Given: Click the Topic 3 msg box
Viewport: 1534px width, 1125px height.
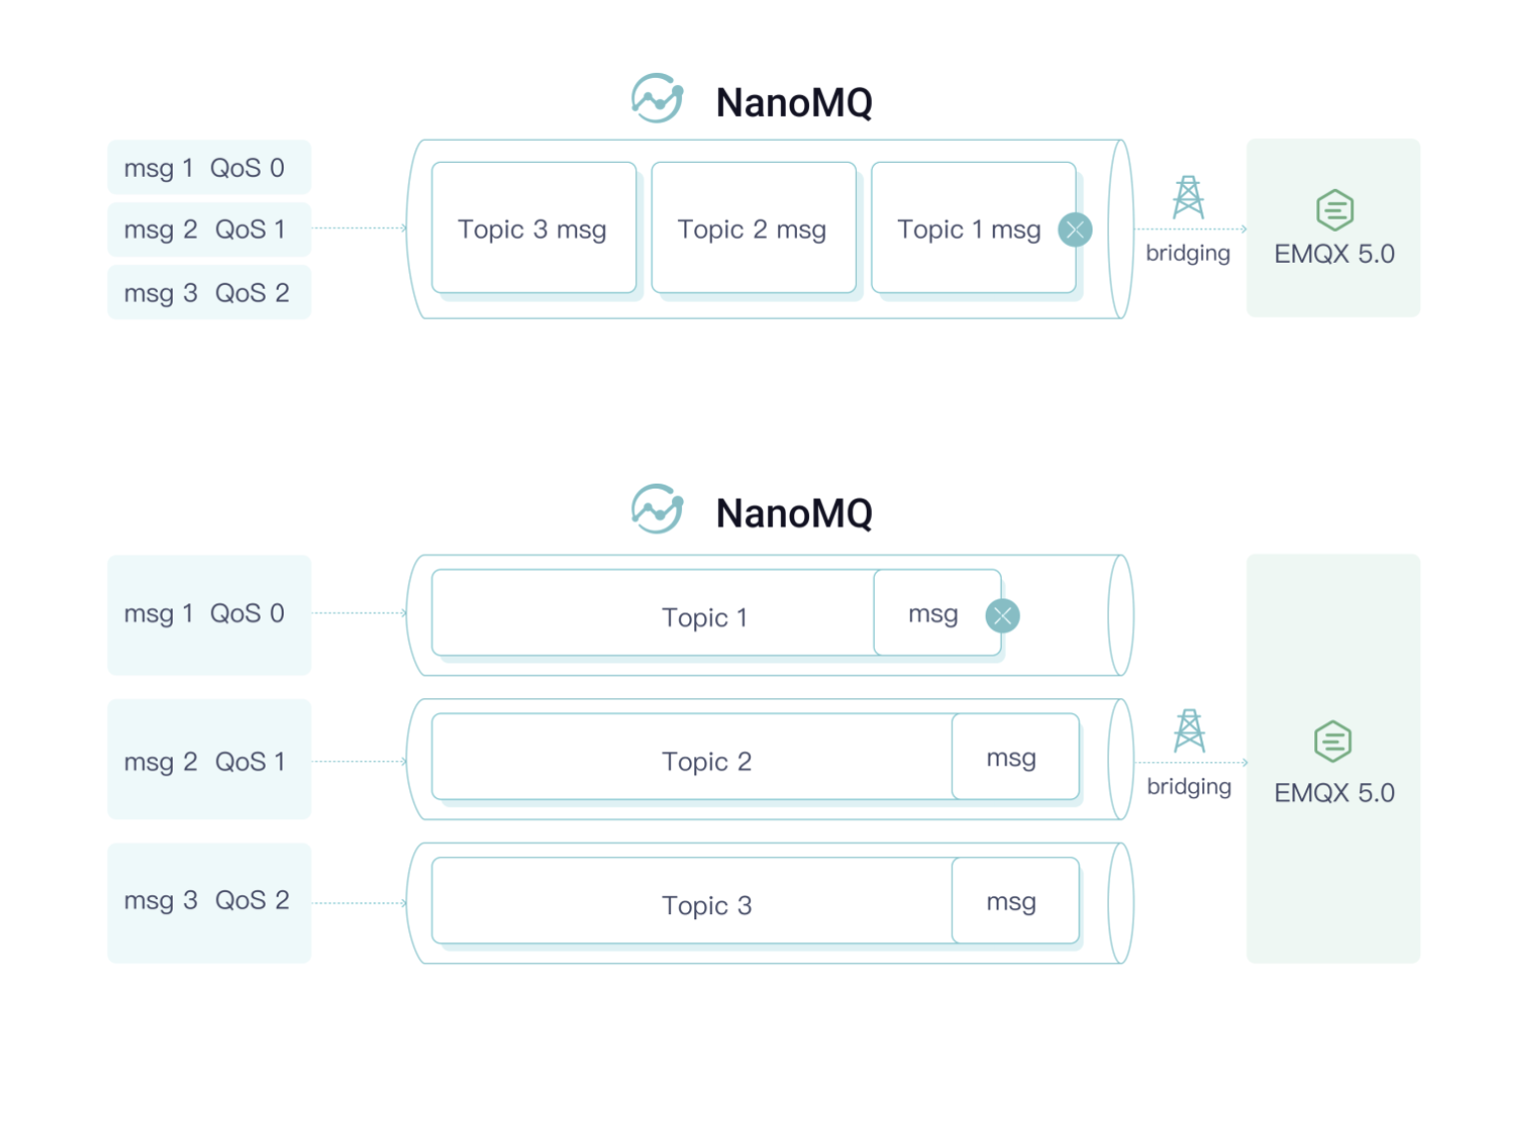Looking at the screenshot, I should (x=533, y=229).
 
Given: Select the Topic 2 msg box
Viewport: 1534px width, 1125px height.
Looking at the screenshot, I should (x=753, y=229).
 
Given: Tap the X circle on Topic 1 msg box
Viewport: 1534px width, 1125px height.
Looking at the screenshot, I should (x=1075, y=230).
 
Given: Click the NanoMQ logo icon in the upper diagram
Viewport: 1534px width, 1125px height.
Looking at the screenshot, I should (x=657, y=99).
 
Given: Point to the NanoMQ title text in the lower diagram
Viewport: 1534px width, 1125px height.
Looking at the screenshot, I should (x=794, y=514).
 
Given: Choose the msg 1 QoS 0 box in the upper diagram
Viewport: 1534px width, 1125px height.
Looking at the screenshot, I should (x=209, y=168).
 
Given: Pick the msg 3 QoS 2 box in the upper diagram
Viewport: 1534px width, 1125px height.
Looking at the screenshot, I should (x=209, y=293).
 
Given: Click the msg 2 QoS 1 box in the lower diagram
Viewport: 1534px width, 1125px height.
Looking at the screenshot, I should (x=209, y=760).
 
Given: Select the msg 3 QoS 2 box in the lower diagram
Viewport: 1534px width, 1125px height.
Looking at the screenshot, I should (x=209, y=901).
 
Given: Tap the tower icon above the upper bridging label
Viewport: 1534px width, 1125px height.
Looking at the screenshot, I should (x=1187, y=198).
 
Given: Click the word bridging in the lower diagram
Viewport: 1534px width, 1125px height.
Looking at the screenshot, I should (x=1188, y=786).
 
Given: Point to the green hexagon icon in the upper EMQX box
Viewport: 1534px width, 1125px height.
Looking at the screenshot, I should (x=1334, y=210).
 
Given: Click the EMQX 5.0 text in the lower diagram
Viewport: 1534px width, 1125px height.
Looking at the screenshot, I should (x=1334, y=792).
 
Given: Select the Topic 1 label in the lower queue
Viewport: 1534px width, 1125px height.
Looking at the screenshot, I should (x=704, y=617).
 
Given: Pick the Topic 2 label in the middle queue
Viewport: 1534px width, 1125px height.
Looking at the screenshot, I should (x=706, y=761).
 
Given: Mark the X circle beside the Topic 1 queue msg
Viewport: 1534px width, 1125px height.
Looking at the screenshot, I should (x=1002, y=615).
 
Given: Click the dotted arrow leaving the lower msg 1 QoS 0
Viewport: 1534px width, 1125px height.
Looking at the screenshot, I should (x=360, y=612).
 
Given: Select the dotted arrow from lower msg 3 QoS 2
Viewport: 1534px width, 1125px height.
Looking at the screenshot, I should (x=360, y=903).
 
